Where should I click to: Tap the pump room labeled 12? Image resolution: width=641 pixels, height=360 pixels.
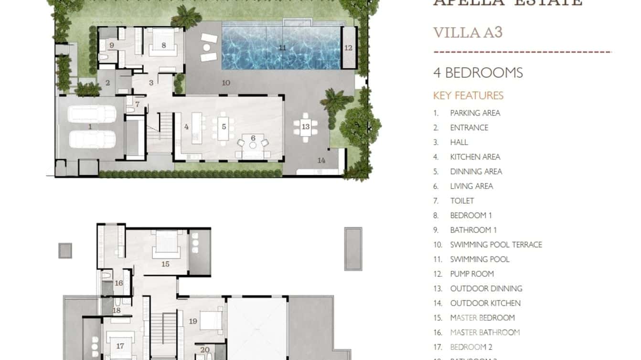(x=348, y=48)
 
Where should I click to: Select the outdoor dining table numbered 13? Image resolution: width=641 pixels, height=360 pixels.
(x=306, y=127)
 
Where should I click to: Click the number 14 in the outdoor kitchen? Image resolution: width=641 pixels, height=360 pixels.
(x=321, y=160)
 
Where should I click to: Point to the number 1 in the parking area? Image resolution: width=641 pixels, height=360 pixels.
(x=90, y=127)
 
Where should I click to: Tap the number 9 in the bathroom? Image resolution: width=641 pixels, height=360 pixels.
(x=111, y=45)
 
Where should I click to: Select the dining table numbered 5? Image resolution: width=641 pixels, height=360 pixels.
(x=224, y=127)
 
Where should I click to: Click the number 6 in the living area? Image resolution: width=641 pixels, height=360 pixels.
(x=253, y=138)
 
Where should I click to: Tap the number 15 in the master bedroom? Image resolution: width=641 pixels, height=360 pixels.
(x=165, y=264)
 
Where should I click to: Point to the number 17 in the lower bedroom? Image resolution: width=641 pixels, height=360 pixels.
(x=119, y=346)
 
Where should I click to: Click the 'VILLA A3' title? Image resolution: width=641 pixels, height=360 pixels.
(x=468, y=32)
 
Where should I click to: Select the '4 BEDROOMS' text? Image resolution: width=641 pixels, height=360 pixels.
(x=478, y=73)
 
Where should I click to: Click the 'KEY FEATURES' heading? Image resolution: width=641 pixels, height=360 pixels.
(x=468, y=95)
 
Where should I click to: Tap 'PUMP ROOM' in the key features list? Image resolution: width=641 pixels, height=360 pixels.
(x=472, y=274)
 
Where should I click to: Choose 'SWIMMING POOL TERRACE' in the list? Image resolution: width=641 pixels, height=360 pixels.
(x=496, y=244)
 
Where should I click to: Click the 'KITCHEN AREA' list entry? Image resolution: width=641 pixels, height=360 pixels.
(x=475, y=157)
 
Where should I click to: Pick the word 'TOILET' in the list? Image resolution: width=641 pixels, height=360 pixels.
(x=462, y=201)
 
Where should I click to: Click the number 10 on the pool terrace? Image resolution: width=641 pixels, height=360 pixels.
(x=226, y=83)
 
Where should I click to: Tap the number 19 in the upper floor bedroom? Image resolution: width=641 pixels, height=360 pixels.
(x=193, y=321)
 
